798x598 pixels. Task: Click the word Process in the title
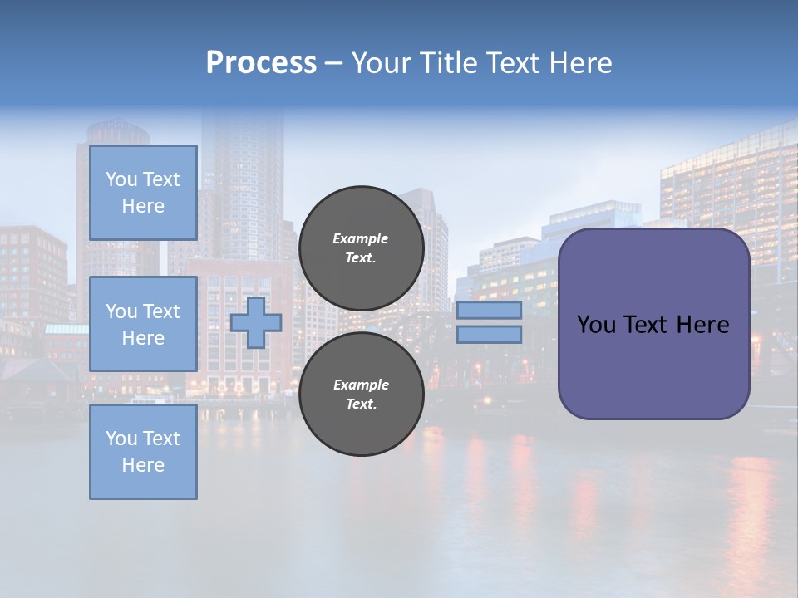tap(261, 63)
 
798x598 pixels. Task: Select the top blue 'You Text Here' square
tap(143, 193)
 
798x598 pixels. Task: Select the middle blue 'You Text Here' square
tap(143, 324)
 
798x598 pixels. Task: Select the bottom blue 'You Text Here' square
tap(143, 452)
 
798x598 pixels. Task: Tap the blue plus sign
tap(256, 323)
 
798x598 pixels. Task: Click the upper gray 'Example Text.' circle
tap(361, 248)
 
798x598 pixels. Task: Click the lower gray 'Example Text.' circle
tap(361, 395)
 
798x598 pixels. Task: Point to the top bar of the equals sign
tap(489, 311)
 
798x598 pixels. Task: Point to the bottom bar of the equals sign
tap(489, 335)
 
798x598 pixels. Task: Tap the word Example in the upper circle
tap(361, 238)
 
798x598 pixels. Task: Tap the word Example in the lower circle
tap(361, 385)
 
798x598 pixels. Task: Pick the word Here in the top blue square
tap(143, 206)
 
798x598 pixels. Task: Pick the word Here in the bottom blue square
tap(143, 465)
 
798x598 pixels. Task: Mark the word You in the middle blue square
tap(121, 311)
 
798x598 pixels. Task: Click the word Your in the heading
tap(383, 63)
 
